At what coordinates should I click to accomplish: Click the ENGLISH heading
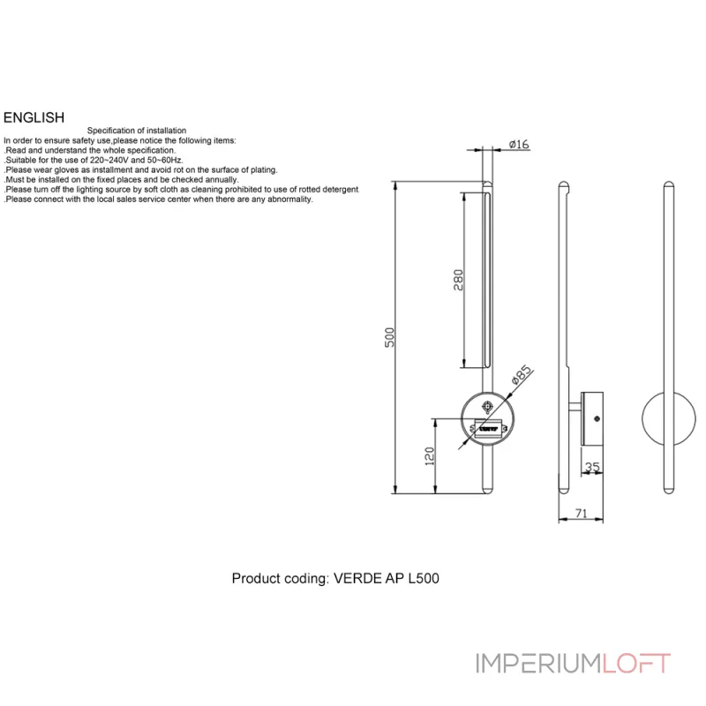[34, 117]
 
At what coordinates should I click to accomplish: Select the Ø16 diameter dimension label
[519, 144]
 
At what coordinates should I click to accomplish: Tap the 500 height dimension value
[389, 337]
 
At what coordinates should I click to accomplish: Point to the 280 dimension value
[458, 280]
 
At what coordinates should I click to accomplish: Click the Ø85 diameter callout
[522, 374]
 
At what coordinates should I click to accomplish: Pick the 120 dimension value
[430, 456]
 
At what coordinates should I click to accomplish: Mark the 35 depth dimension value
[592, 467]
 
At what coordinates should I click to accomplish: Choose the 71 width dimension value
[582, 514]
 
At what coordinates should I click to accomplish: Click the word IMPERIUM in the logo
[539, 664]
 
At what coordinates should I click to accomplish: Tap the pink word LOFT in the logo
[636, 664]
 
